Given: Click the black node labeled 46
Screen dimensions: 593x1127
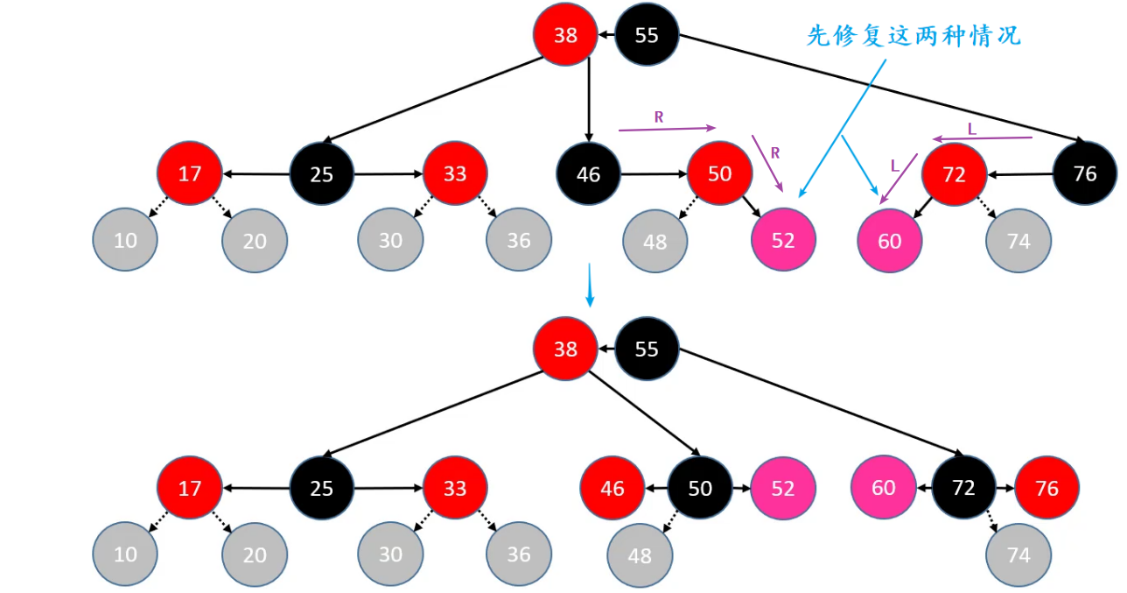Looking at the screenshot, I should pyautogui.click(x=589, y=174).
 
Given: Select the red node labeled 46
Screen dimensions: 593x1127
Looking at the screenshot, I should pyautogui.click(x=612, y=488).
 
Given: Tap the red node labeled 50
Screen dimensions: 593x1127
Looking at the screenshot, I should pyautogui.click(x=719, y=173).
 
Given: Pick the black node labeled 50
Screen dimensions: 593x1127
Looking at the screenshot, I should pyautogui.click(x=700, y=488).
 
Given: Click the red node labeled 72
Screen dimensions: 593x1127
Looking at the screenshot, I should pyautogui.click(x=955, y=174).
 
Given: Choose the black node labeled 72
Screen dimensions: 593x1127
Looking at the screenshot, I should pyautogui.click(x=963, y=488).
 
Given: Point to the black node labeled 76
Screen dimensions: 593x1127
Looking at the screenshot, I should pyautogui.click(x=1085, y=173).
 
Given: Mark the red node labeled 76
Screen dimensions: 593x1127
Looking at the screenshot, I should pyautogui.click(x=1047, y=488).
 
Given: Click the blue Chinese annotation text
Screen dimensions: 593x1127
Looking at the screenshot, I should pyautogui.click(x=913, y=36).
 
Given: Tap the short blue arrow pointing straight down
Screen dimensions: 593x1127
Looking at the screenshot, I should pyautogui.click(x=590, y=286).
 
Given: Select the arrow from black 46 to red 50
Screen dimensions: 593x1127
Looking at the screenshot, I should pyautogui.click(x=654, y=174).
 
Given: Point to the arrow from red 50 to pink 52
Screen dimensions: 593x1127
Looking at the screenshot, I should pyautogui.click(x=749, y=205).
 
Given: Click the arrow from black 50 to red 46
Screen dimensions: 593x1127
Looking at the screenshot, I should pyautogui.click(x=656, y=488).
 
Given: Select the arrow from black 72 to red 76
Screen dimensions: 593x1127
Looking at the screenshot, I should pyautogui.click(x=1004, y=488).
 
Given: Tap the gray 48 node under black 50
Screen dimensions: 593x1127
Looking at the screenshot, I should pyautogui.click(x=640, y=555).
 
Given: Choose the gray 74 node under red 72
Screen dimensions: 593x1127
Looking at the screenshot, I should pyautogui.click(x=1018, y=241).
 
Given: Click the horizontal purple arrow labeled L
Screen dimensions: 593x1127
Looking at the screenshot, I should pyautogui.click(x=982, y=138).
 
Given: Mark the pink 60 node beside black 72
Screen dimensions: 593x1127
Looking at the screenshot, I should pyautogui.click(x=884, y=488).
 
